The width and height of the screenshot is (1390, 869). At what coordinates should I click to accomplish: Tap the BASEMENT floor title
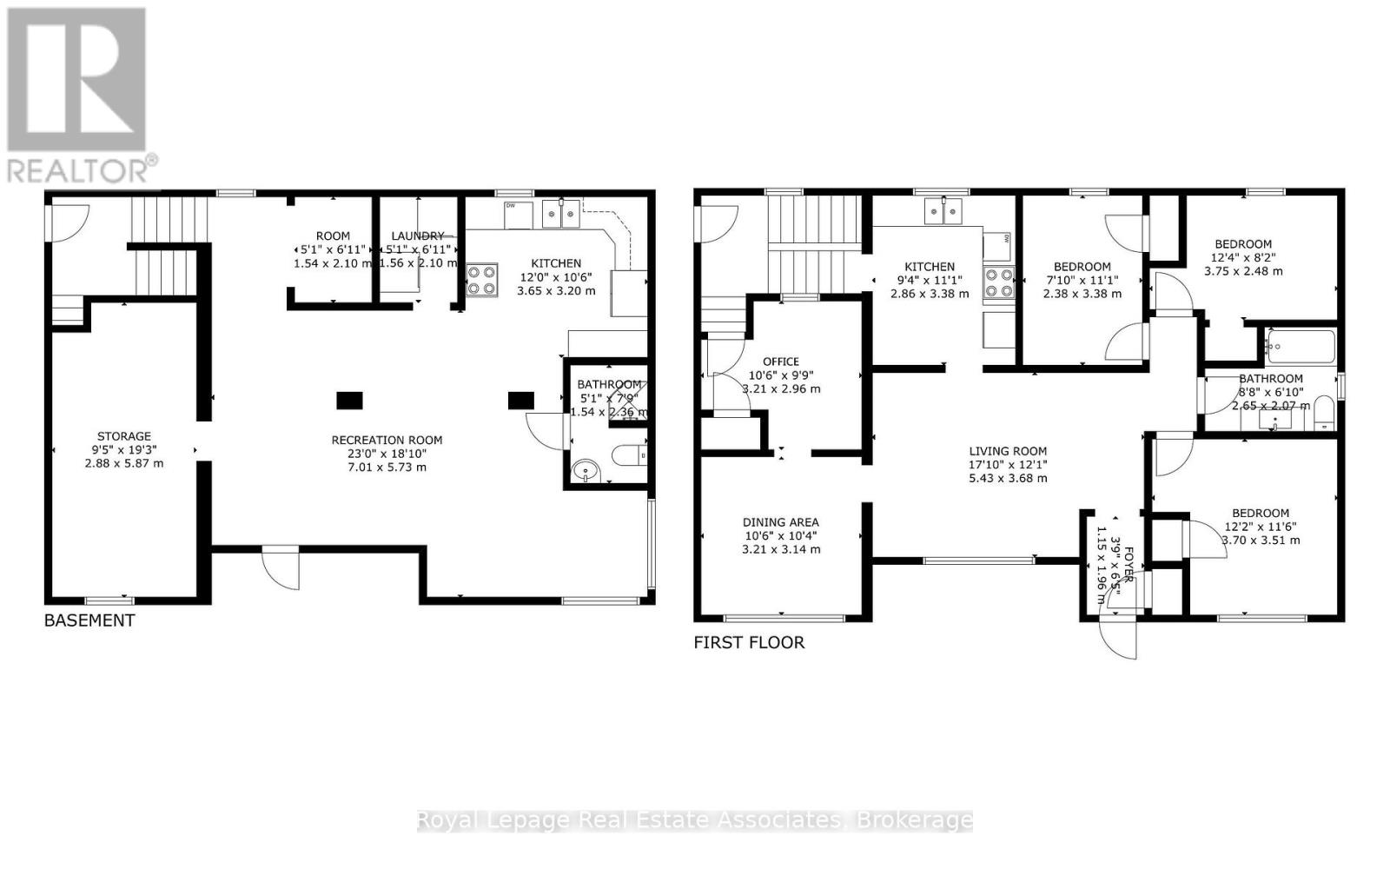[x=89, y=620]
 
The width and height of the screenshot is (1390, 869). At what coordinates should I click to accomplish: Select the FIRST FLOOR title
[x=749, y=643]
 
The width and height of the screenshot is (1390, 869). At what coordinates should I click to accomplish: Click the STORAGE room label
[x=123, y=436]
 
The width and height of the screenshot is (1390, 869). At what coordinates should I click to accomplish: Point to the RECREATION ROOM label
[x=387, y=441]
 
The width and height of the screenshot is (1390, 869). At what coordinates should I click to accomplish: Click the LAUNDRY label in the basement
[x=417, y=236]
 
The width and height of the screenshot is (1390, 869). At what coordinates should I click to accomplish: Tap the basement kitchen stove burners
[x=482, y=279]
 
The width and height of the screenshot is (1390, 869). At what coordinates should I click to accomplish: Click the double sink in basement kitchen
[x=561, y=214]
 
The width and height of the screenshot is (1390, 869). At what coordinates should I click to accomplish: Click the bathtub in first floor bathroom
[x=1300, y=346]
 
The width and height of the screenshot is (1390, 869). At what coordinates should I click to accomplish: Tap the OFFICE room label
[x=780, y=362]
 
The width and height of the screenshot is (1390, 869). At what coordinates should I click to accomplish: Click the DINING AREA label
[x=780, y=522]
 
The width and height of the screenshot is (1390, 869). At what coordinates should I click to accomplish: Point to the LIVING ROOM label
[x=1008, y=451]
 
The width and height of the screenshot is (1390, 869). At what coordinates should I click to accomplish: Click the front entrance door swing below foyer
[x=1119, y=639]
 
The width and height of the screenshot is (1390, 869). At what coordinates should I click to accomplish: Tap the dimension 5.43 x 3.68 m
[x=1008, y=477]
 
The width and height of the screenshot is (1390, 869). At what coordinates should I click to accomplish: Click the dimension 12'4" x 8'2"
[x=1242, y=257]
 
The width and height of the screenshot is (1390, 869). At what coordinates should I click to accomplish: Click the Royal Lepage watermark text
[x=695, y=820]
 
